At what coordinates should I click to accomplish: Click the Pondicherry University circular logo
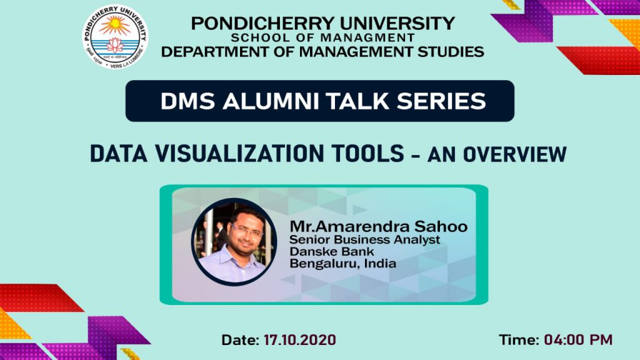(115, 37)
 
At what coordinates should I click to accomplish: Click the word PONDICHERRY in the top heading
(263, 23)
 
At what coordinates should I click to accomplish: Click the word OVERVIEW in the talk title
(514, 154)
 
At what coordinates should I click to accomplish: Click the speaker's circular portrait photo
(234, 242)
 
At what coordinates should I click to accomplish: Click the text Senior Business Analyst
(365, 239)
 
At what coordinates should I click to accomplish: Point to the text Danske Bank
(331, 251)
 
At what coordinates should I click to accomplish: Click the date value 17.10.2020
(299, 339)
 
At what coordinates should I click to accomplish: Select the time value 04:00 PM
(578, 339)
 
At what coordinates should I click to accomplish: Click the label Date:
(240, 339)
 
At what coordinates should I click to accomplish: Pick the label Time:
(519, 339)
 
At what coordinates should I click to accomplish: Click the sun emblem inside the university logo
(115, 25)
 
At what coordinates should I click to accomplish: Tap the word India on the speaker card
(380, 263)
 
